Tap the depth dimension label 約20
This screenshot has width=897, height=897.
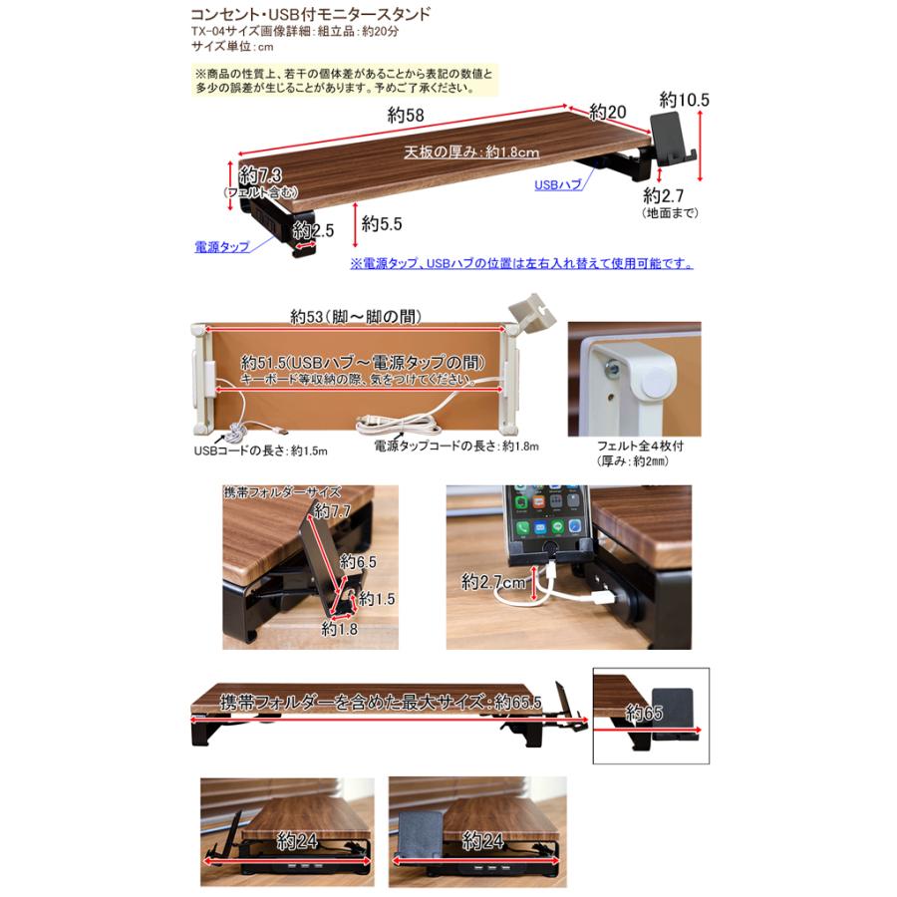pos(607,112)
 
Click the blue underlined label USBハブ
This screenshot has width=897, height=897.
pos(557,184)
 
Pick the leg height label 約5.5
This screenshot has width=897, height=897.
pos(382,223)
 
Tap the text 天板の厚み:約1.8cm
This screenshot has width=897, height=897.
pos(471,152)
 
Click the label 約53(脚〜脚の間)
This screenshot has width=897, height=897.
pos(356,317)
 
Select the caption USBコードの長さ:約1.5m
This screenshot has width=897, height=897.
pos(260,450)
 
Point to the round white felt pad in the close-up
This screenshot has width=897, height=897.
pos(653,382)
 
